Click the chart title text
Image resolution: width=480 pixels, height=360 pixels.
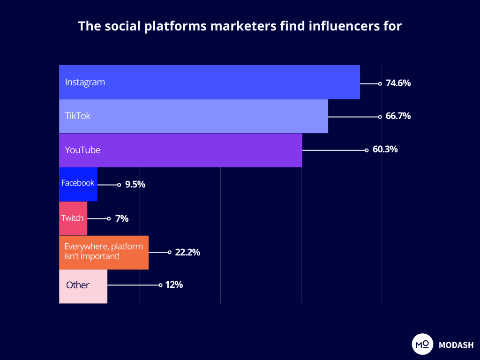(240, 26)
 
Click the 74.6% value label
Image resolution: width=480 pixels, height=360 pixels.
(398, 83)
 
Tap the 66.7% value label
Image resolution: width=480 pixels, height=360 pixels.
(398, 116)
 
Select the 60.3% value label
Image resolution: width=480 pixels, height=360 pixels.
(385, 150)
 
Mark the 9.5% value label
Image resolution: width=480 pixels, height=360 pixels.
(135, 185)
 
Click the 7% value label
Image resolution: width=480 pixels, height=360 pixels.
(121, 218)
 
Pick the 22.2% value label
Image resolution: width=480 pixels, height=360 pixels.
(187, 252)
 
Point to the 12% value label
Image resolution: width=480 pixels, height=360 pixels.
(173, 285)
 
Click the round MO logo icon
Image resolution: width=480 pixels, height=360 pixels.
(422, 345)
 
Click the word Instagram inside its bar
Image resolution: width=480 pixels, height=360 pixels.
(85, 82)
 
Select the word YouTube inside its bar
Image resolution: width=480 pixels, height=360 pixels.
(82, 150)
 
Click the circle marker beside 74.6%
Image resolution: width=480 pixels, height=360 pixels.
(380, 83)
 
